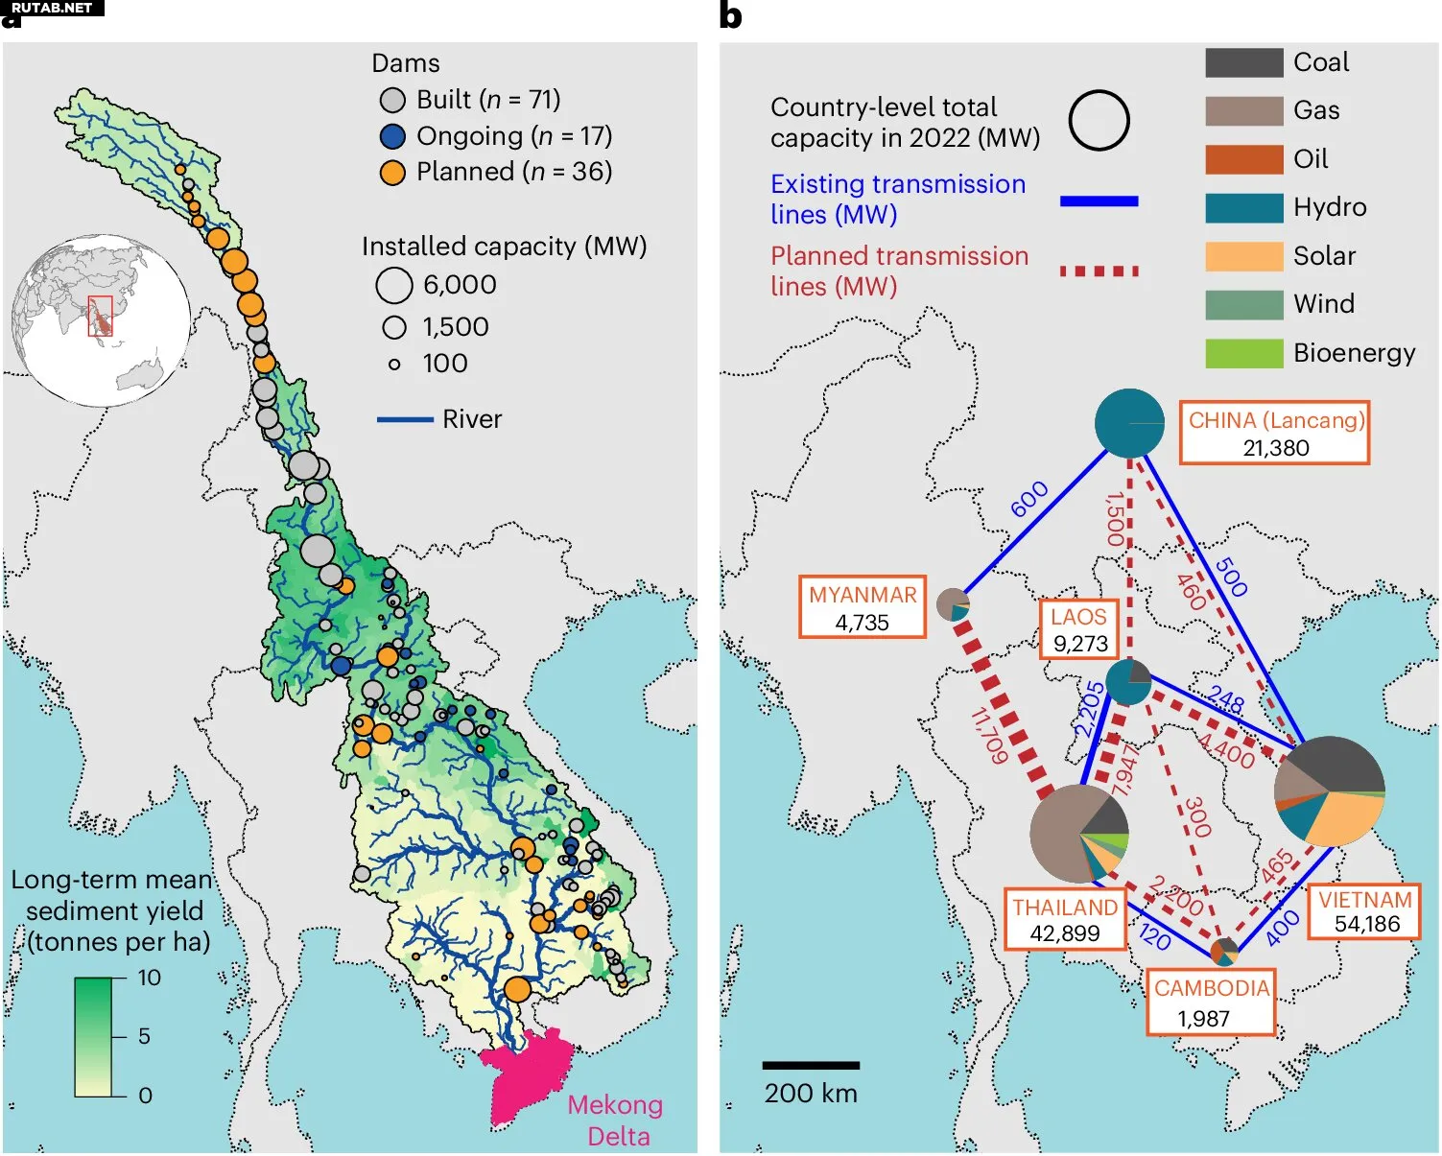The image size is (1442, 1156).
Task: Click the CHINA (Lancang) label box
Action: pos(1274,434)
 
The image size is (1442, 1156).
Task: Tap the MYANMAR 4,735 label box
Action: pos(863,607)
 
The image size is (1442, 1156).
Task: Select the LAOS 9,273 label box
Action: pos(1079,629)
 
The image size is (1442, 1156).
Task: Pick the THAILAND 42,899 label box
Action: pos(1065,920)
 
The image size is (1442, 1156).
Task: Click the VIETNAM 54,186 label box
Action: pos(1365,911)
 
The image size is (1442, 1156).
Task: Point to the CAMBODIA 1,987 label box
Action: pos(1211,1003)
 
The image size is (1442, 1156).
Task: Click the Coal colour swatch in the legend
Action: pos(1243,63)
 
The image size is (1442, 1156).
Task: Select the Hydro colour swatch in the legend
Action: pos(1243,208)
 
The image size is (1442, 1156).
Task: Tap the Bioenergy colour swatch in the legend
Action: pos(1243,353)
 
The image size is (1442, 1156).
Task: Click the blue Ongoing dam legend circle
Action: pos(392,136)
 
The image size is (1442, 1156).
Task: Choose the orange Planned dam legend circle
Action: pos(392,173)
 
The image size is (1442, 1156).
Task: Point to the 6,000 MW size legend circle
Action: pos(393,285)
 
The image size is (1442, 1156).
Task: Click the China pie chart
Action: pos(1129,423)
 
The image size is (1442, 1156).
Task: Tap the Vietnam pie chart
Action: pos(1330,790)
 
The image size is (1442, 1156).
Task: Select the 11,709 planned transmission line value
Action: pos(989,736)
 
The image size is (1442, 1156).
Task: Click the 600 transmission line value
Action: pos(1029,500)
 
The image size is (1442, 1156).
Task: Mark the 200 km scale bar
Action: pos(811,1065)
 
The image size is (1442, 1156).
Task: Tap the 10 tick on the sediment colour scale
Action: pos(149,978)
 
